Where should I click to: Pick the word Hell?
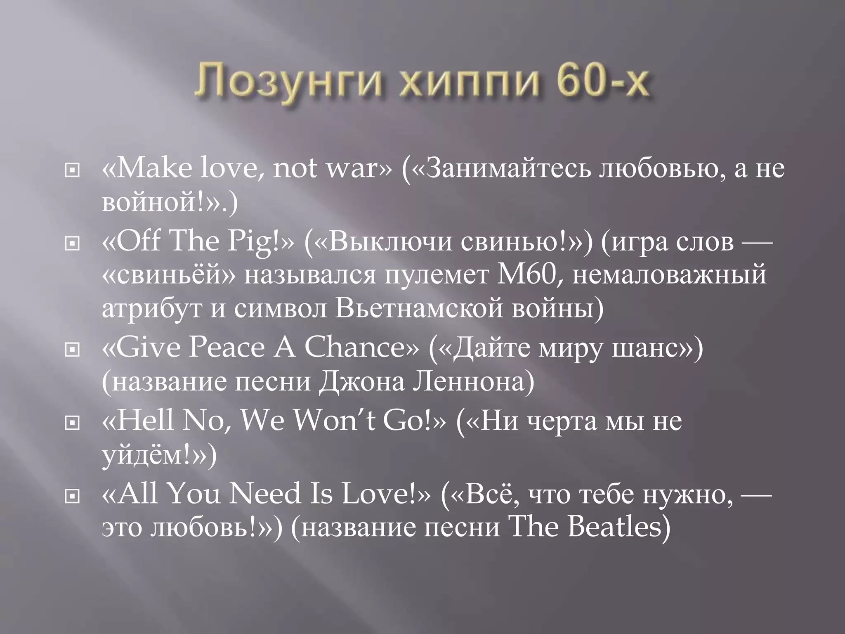145,421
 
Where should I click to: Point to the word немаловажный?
669,275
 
